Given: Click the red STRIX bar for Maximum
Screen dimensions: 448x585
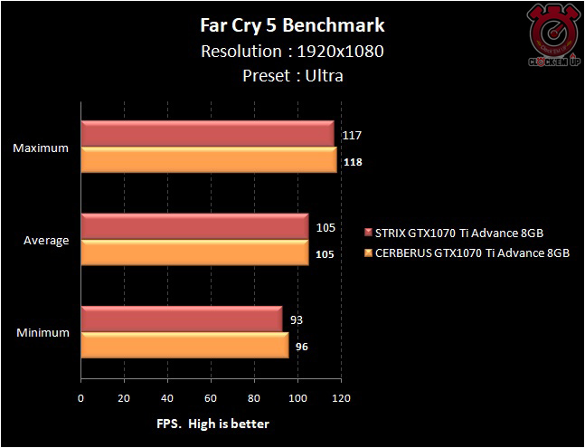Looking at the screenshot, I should click(x=208, y=134).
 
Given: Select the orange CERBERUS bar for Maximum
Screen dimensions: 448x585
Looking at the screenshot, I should click(x=210, y=159).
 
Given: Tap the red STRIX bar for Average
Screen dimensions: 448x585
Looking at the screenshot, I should click(x=195, y=227).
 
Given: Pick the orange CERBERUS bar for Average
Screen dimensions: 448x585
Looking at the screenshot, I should click(x=195, y=253).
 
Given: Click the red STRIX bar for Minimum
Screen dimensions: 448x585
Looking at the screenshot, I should click(x=182, y=319).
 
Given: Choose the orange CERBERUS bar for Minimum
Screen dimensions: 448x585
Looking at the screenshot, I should click(x=185, y=345).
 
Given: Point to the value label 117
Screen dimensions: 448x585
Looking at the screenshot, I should click(x=353, y=136).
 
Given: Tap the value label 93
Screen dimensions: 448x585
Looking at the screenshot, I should click(x=297, y=319).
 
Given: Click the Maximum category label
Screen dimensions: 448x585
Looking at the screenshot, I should click(x=41, y=148).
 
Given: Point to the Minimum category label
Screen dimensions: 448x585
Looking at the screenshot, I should click(x=42, y=332).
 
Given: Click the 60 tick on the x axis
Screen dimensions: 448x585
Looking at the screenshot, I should click(x=212, y=397).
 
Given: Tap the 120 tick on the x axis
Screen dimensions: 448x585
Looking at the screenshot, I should click(x=341, y=397).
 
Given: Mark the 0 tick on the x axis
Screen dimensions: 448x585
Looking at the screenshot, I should click(x=81, y=397).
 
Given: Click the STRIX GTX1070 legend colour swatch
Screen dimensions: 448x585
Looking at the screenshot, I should click(x=368, y=233).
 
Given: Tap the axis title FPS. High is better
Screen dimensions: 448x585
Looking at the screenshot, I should click(x=210, y=423).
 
